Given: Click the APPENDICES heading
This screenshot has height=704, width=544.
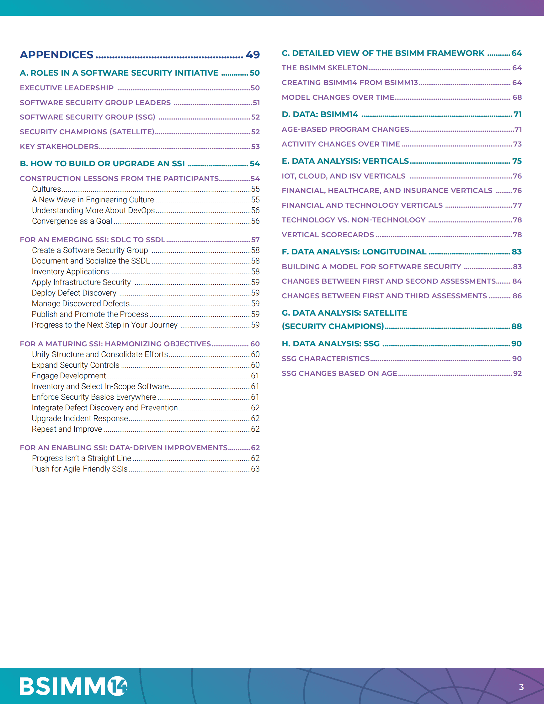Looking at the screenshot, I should tap(56, 55).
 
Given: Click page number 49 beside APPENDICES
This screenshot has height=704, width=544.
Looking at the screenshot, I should tap(253, 55).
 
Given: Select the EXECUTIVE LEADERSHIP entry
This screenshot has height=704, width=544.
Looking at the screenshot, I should tap(67, 88).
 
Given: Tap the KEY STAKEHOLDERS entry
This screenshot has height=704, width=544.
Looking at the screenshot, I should tap(59, 147).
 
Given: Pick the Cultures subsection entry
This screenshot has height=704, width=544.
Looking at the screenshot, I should tap(46, 189).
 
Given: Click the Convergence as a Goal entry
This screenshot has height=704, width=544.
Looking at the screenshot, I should tap(72, 221).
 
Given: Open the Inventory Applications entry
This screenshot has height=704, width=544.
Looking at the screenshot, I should tap(70, 272).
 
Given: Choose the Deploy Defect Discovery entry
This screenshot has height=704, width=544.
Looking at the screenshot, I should tap(74, 293).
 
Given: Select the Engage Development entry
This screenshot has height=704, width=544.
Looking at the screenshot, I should tap(69, 376).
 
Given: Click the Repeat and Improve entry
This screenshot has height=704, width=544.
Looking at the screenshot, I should tap(67, 429).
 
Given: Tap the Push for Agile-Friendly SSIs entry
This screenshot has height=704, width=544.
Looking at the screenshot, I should tap(80, 469).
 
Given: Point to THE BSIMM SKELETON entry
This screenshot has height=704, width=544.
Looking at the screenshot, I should tap(324, 68).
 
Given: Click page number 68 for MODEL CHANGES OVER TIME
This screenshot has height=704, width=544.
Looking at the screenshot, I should tap(517, 97).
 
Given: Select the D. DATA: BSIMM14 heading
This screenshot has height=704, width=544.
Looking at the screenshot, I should tap(320, 115).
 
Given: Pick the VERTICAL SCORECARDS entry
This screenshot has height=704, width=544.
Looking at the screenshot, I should tap(328, 235).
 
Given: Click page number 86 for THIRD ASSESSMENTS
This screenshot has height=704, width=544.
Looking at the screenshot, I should tap(517, 296).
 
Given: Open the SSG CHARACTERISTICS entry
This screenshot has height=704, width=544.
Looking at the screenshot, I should tap(326, 359).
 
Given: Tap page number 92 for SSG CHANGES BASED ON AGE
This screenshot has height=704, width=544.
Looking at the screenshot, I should tap(517, 373).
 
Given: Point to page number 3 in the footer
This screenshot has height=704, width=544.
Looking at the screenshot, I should tap(521, 687).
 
